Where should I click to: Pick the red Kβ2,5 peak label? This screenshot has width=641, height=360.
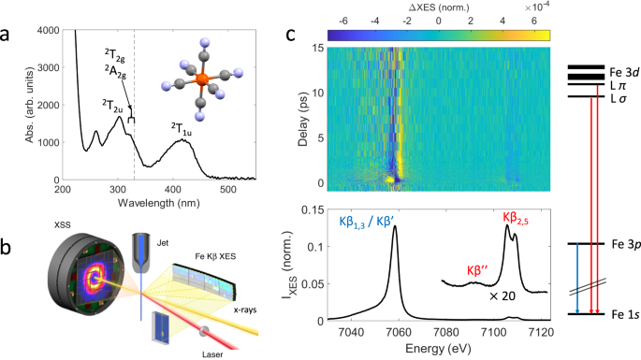(x=513, y=217)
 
